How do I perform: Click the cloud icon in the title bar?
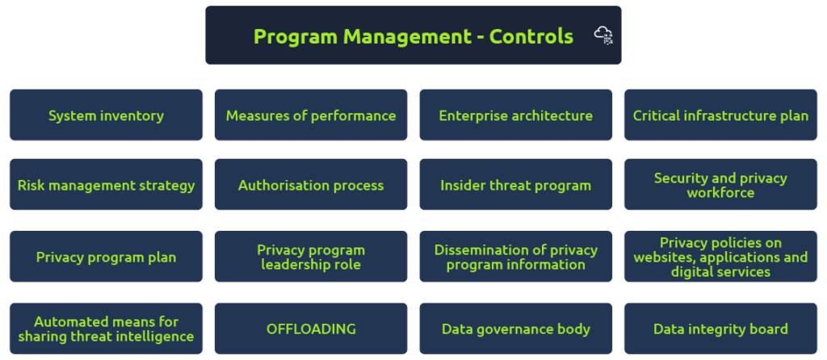coord(603,36)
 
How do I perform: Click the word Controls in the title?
coord(531,36)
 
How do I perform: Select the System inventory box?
coord(106,115)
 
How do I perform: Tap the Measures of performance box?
coord(311,115)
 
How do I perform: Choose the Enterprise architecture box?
coord(516,115)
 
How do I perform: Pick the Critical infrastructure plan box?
coord(720,115)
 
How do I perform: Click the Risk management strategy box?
coord(106,185)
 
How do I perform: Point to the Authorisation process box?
coord(311,185)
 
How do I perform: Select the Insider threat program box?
coord(516,185)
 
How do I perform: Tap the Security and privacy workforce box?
coord(720,185)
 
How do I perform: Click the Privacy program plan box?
coord(106,256)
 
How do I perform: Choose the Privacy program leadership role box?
coord(311,256)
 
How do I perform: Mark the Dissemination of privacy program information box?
coord(516,256)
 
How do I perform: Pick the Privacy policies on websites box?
coord(720,256)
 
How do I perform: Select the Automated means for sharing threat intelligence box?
coord(106,329)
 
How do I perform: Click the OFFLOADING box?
coord(311,329)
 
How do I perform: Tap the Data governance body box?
coord(516,329)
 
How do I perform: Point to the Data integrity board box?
coord(720,329)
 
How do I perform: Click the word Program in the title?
coord(296,37)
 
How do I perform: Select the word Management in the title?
coord(407,37)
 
